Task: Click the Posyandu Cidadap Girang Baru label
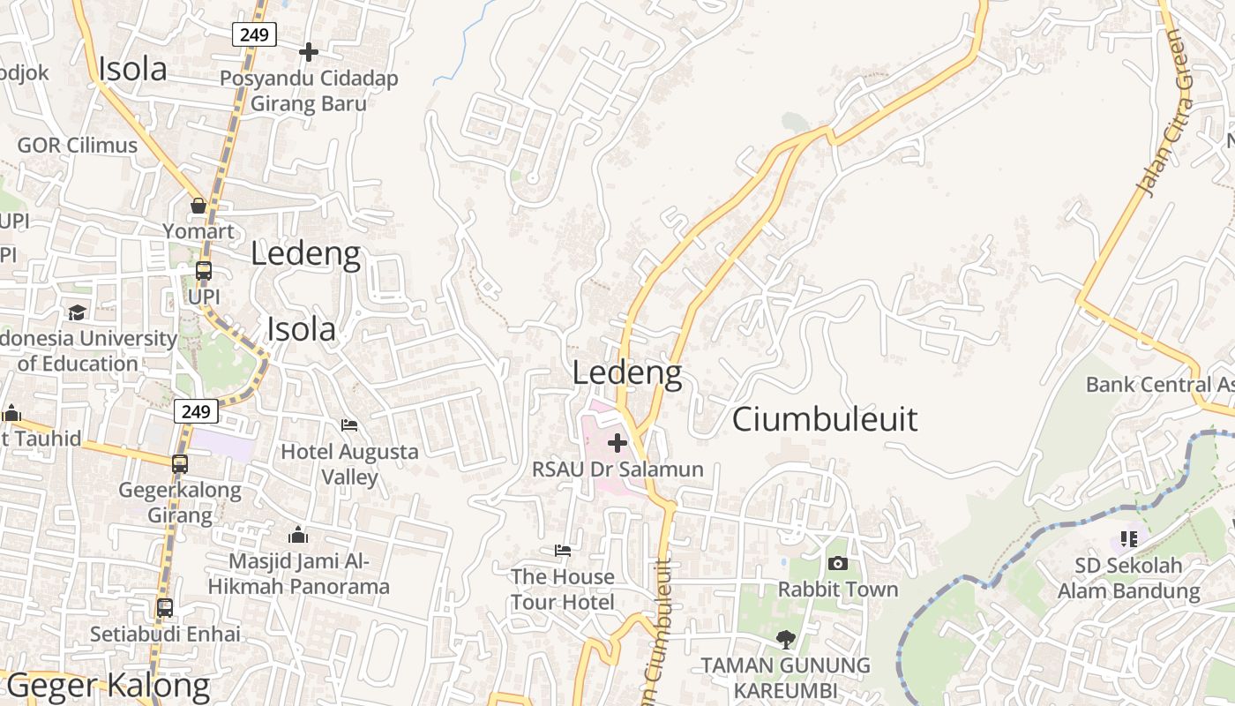tap(309, 91)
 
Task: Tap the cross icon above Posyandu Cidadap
tap(309, 52)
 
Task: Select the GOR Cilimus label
tap(78, 146)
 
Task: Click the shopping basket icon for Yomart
tap(198, 206)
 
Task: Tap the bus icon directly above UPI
tap(204, 271)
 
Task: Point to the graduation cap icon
tap(78, 313)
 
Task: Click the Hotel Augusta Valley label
tap(349, 464)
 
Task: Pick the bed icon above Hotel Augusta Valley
tap(349, 425)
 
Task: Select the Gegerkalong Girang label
tap(180, 502)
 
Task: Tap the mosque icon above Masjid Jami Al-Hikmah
tap(298, 535)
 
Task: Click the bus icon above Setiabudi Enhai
tap(165, 607)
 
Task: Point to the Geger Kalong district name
tap(108, 686)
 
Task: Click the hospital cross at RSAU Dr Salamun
tap(617, 442)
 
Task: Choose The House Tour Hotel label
tap(563, 589)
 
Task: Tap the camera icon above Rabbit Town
tap(837, 563)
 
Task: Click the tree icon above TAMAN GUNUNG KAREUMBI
tap(785, 639)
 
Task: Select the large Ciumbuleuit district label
tap(825, 419)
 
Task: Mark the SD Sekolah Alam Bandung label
tap(1129, 578)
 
